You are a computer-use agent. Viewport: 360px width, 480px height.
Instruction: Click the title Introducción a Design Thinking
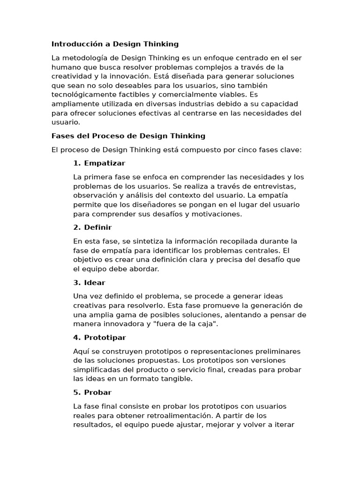pyautogui.click(x=115, y=44)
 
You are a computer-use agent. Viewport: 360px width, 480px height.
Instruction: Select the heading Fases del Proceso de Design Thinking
pyautogui.click(x=128, y=136)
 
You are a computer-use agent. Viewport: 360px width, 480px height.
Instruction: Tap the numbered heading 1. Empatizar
pyautogui.click(x=99, y=163)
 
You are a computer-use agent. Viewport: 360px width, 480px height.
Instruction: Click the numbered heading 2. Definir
pyautogui.click(x=92, y=227)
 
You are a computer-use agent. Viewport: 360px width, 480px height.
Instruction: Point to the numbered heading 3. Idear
pyautogui.click(x=89, y=283)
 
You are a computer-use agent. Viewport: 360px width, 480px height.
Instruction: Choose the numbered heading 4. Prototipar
pyautogui.click(x=99, y=337)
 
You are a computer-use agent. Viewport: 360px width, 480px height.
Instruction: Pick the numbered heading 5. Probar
pyautogui.click(x=92, y=392)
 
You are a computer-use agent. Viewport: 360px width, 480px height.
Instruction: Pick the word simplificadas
pyautogui.click(x=97, y=370)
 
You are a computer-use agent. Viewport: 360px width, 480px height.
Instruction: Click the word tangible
pyautogui.click(x=176, y=379)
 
